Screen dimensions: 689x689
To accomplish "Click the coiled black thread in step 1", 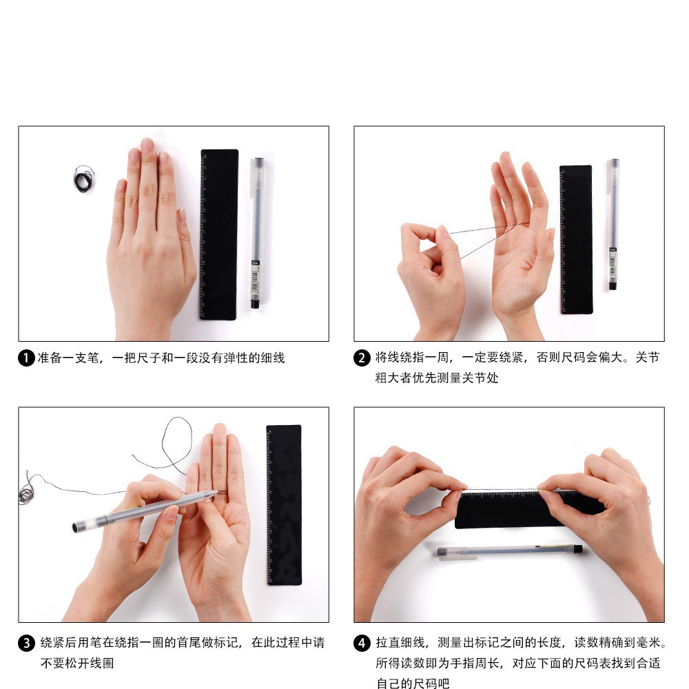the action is pyautogui.click(x=83, y=179).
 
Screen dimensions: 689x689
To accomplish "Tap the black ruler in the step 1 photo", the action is pyautogui.click(x=219, y=235).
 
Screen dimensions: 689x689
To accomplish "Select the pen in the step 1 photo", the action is pyautogui.click(x=256, y=233).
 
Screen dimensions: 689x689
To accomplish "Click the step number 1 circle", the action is pyautogui.click(x=26, y=358).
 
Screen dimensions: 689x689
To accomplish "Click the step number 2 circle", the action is pyautogui.click(x=362, y=358).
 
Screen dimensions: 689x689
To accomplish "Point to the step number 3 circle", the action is pyautogui.click(x=26, y=644).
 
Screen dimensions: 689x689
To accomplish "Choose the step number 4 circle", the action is pyautogui.click(x=362, y=644).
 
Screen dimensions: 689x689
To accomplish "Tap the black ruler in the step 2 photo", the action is pyautogui.click(x=576, y=240).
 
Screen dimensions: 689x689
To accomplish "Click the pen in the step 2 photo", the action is pyautogui.click(x=613, y=224).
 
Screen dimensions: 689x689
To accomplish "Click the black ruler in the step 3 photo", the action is pyautogui.click(x=285, y=505).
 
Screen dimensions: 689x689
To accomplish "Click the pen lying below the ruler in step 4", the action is pyautogui.click(x=510, y=551).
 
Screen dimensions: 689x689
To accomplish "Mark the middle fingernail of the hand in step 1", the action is pyautogui.click(x=147, y=145).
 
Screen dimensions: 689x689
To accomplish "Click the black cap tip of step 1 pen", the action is pyautogui.click(x=255, y=304).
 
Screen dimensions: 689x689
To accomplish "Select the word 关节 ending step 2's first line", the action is pyautogui.click(x=648, y=357).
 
